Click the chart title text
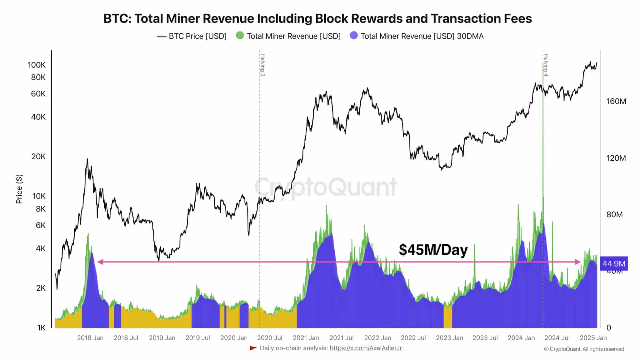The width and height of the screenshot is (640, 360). coord(317,19)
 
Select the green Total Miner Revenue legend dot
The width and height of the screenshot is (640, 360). coord(240,36)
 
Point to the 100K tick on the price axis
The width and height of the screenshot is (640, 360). coord(37,65)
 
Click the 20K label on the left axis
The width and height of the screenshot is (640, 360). coord(38,157)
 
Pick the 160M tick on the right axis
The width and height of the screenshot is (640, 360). coord(616,101)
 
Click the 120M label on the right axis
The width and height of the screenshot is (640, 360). coord(616,158)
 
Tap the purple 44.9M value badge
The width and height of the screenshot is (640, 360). coord(614,264)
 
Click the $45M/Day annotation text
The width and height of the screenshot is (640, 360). coord(433,250)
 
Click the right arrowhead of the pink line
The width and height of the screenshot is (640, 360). coord(578,262)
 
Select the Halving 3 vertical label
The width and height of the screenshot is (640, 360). coord(263,65)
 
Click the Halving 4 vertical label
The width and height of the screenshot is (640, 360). coord(546,65)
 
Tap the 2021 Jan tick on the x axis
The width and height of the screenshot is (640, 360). coord(306,338)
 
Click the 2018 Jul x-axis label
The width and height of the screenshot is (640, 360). coord(126,338)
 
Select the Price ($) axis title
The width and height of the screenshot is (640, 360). coord(19,189)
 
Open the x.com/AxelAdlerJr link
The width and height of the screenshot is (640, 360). coord(366,348)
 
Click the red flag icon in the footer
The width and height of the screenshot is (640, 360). coord(253,348)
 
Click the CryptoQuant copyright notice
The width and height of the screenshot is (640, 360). coord(584,349)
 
